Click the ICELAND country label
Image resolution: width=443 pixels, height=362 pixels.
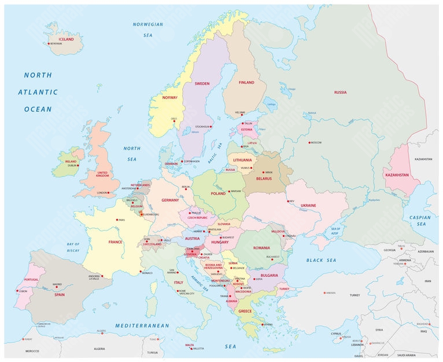67,39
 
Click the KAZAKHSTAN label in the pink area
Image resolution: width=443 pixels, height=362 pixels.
396,174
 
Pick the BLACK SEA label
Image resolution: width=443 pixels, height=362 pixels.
321,261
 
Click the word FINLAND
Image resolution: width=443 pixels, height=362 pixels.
246,83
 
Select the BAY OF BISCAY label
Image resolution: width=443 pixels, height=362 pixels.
73,247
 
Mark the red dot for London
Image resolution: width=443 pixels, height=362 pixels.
108,192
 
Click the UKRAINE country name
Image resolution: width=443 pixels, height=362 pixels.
308,206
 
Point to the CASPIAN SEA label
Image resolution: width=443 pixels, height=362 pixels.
420,220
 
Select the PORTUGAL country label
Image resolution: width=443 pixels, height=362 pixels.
31,280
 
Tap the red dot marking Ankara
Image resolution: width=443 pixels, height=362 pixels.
324,293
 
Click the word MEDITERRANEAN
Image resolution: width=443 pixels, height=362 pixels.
142,326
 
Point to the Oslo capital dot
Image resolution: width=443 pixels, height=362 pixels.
174,122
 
